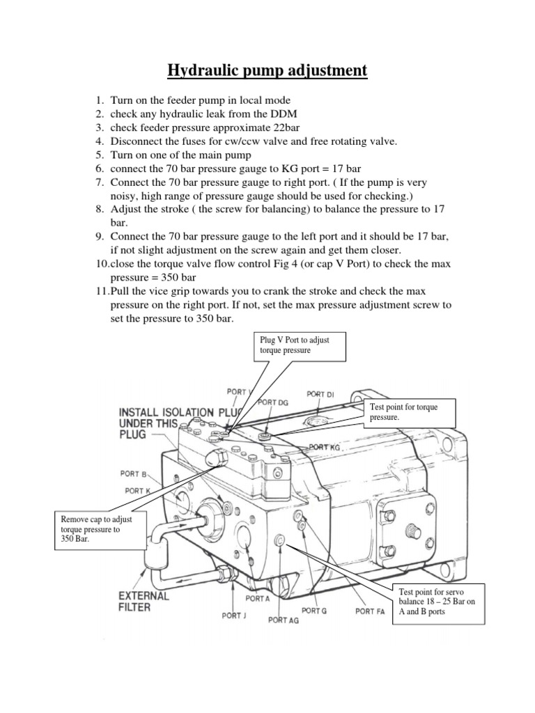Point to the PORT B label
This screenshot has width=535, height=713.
(134, 474)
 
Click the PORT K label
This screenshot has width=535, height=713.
(139, 491)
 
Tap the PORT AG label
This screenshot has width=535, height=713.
(283, 620)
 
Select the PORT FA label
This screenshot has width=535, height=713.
(370, 611)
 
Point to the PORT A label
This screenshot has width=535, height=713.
(257, 598)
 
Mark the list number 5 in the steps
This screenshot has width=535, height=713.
(100, 154)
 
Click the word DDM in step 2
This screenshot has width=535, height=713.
(296, 114)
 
